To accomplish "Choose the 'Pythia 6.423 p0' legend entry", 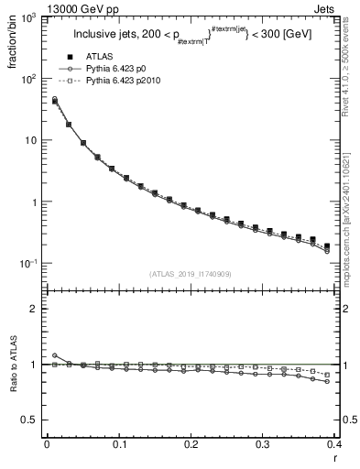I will tap(125, 69).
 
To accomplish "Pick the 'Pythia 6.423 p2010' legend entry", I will tap(131, 81).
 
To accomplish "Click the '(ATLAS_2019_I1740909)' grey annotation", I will tap(189, 273).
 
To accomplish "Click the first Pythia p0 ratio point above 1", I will tap(54, 355).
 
